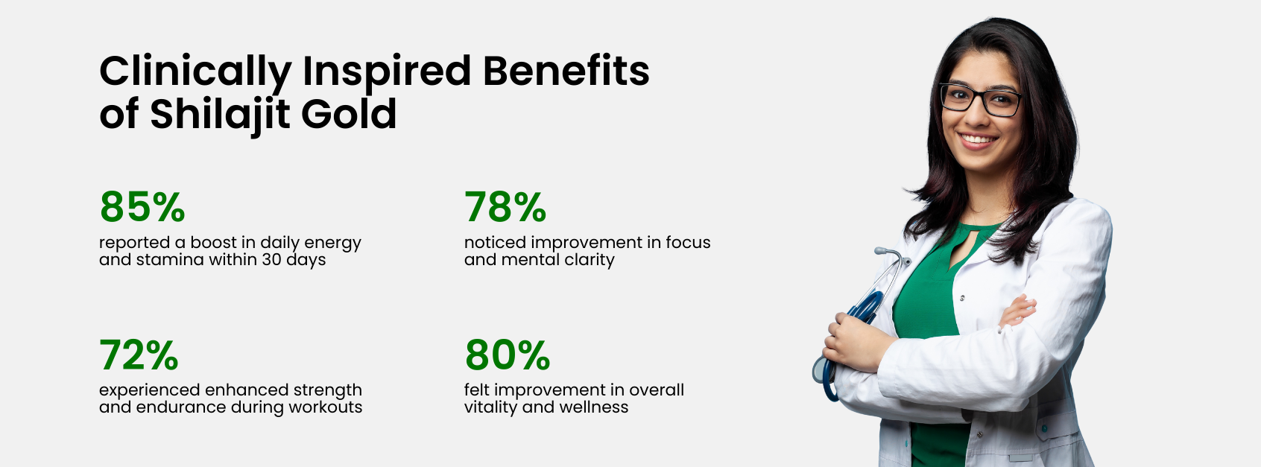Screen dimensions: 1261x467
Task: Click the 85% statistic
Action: tap(142, 207)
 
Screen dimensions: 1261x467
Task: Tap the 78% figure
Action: tap(505, 207)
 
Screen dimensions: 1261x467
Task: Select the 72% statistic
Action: tap(139, 355)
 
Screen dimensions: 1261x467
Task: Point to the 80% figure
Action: tap(508, 355)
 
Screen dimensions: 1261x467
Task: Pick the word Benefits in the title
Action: tap(566, 71)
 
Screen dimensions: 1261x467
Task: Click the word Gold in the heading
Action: tap(349, 114)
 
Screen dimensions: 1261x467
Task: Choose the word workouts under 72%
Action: tap(326, 407)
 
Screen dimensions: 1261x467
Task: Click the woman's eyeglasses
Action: tap(981, 100)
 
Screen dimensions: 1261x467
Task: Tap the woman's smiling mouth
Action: tap(978, 139)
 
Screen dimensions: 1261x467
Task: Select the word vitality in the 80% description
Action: tap(490, 407)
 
